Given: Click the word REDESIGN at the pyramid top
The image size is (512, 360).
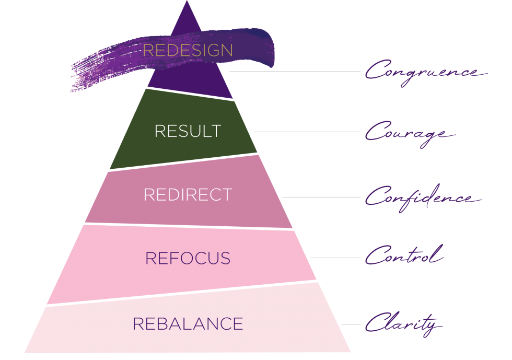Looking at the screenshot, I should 188,50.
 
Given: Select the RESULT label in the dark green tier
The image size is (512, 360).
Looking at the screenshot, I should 188,131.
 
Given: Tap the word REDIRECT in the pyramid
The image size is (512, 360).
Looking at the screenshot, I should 188,194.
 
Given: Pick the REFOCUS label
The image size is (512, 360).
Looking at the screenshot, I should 188,258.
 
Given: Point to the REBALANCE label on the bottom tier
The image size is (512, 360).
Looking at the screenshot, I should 188,323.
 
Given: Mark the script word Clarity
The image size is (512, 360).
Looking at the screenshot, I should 402,324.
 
